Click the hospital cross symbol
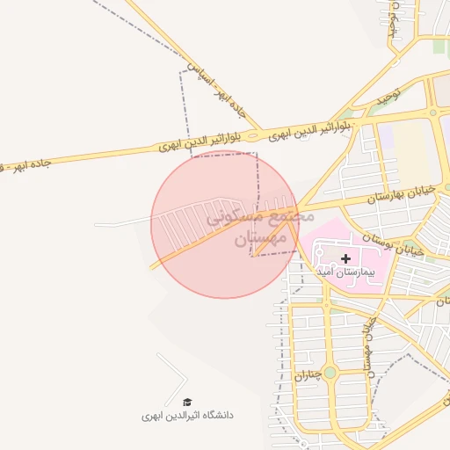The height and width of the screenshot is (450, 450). (345, 258)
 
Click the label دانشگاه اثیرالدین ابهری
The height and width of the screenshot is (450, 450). (188, 414)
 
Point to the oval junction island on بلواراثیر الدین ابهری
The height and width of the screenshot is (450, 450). (253, 136)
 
